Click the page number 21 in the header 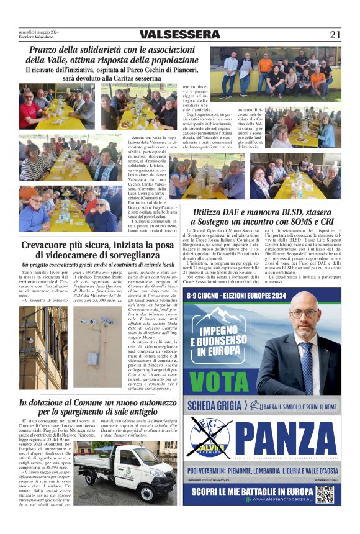(x=335, y=35)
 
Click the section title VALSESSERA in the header (x=179, y=35)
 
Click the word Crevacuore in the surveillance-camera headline (x=51, y=245)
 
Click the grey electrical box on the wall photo (x=92, y=358)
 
